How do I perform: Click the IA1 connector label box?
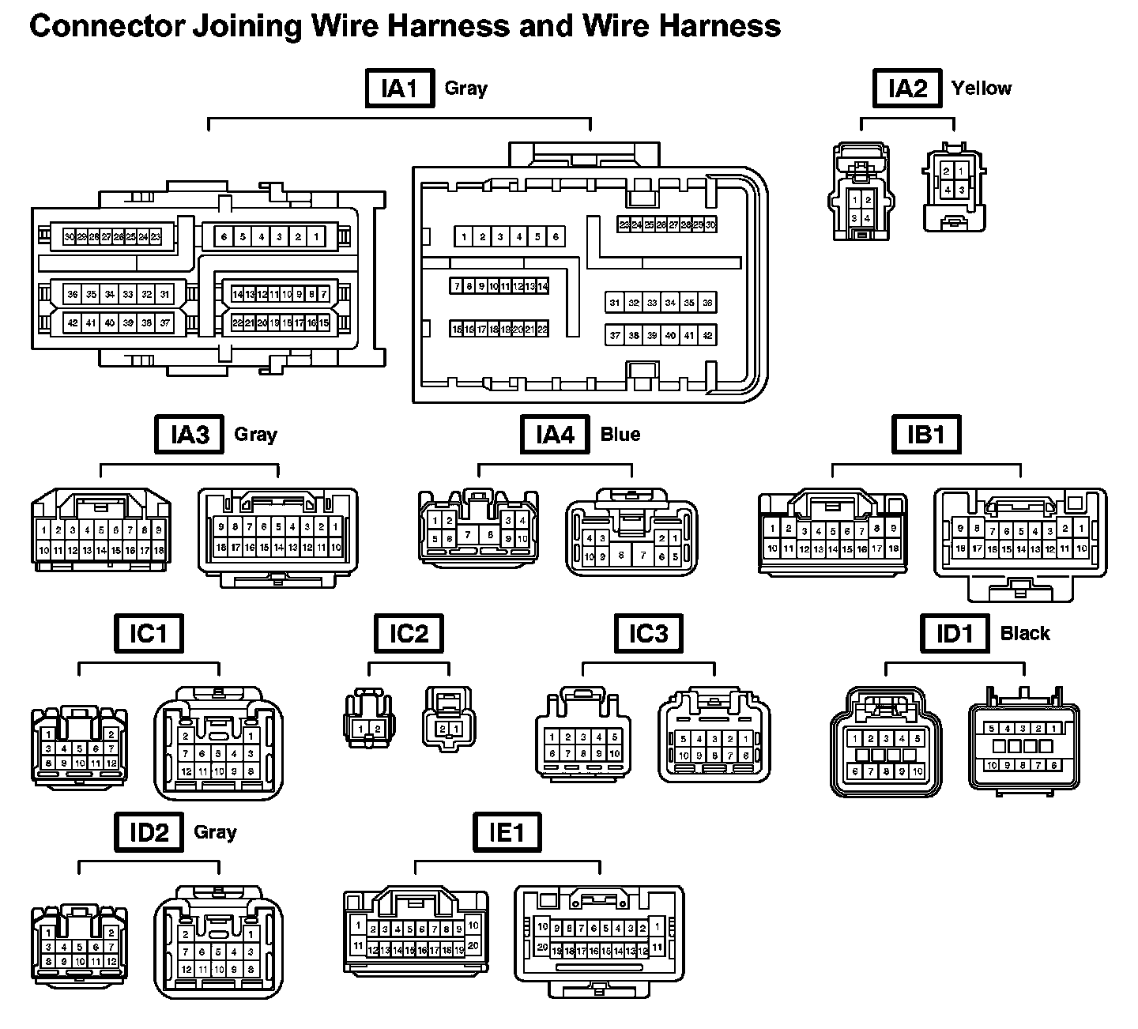400,89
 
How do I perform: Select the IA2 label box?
907,89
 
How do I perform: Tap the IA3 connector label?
190,435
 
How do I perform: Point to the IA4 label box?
555,435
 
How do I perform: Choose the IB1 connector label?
926,435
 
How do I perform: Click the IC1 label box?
149,634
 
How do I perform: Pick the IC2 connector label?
409,634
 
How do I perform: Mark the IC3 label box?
649,634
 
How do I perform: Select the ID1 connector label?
955,634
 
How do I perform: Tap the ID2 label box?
149,833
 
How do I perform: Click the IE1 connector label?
507,833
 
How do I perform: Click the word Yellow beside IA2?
982,89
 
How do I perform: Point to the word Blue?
620,435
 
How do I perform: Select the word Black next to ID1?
1025,634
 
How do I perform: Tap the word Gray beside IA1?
466,89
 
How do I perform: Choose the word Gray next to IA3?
256,435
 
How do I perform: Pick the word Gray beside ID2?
215,833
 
